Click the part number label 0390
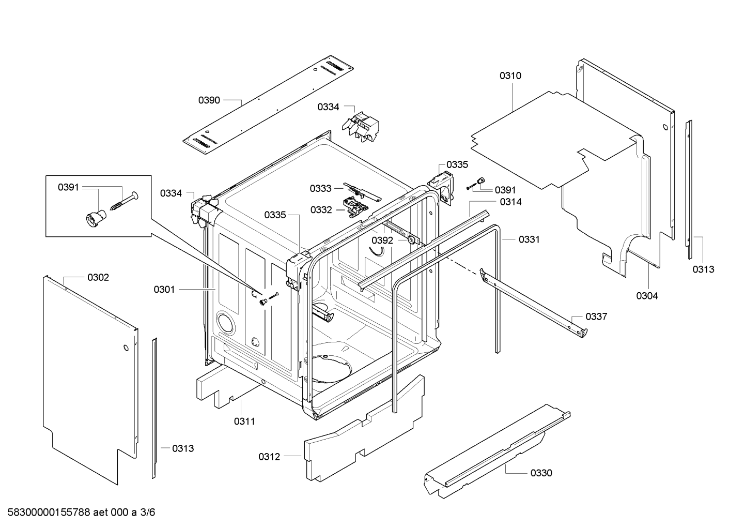[x=209, y=100]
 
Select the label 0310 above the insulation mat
[x=510, y=76]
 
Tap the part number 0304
[x=647, y=296]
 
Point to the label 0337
[x=596, y=317]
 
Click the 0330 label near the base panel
[x=541, y=473]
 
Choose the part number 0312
[x=269, y=457]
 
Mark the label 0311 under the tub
[x=244, y=421]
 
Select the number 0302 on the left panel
[x=98, y=278]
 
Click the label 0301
[x=164, y=290]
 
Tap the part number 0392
[x=382, y=240]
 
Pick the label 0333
[x=321, y=188]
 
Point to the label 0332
[x=321, y=209]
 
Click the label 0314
[x=510, y=202]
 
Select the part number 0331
[x=529, y=239]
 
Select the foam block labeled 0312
[x=362, y=429]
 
